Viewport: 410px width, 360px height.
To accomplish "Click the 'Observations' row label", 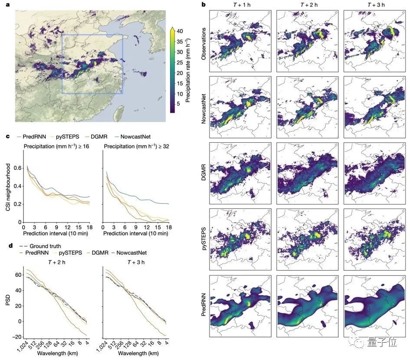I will [203, 41].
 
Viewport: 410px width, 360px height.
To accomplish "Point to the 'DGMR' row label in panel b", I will [203, 173].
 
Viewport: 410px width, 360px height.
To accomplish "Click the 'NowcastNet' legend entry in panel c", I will [127, 136].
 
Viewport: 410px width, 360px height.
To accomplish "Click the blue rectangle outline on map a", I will [62, 65].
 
